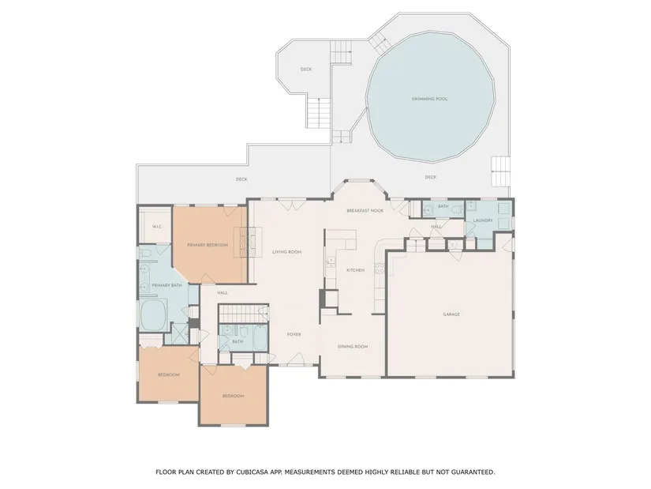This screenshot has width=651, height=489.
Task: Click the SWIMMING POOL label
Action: [x=430, y=99]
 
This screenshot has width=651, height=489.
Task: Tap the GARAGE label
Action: [x=451, y=314]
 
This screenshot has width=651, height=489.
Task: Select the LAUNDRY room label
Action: [x=483, y=220]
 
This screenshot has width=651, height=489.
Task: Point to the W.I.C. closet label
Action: [x=156, y=227]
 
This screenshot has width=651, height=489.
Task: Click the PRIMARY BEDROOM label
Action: [x=208, y=245]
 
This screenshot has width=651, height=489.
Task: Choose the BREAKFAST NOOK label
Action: [x=365, y=211]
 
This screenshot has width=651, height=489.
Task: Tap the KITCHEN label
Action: [x=356, y=270]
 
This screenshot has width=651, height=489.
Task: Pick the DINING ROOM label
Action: [x=353, y=346]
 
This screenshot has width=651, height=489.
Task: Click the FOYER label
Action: [x=294, y=334]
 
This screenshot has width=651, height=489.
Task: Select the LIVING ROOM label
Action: [x=287, y=252]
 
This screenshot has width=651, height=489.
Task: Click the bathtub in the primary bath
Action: [x=154, y=314]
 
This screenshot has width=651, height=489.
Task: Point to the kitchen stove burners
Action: [x=380, y=269]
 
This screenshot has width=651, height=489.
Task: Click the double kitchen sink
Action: [x=331, y=261]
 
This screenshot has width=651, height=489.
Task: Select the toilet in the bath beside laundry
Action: [x=457, y=210]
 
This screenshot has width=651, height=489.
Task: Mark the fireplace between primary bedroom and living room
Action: [x=248, y=243]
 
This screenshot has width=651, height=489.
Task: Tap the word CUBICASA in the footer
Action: [x=252, y=472]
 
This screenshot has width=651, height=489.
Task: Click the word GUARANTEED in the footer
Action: [x=473, y=472]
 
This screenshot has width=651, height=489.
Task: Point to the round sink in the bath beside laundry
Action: [x=428, y=211]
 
